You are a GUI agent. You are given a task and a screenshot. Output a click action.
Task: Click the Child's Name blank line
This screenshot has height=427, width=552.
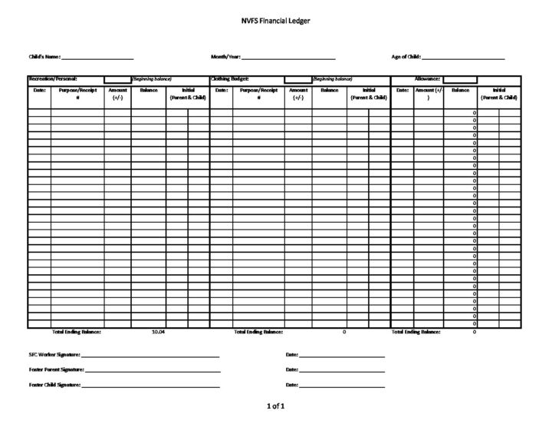[x=97, y=58]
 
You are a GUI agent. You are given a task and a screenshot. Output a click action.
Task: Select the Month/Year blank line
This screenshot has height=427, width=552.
[x=288, y=58]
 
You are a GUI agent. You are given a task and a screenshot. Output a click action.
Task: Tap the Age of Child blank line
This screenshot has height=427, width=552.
[x=463, y=58]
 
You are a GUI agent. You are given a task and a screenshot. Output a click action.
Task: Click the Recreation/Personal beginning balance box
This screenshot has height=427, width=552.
[x=117, y=79]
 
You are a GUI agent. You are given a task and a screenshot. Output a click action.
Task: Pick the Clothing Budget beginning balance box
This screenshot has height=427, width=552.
[x=297, y=79]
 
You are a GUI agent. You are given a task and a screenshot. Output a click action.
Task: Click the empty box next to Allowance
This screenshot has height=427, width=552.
[x=460, y=79]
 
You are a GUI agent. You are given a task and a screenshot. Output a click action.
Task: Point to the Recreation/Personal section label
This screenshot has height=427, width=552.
[x=53, y=79]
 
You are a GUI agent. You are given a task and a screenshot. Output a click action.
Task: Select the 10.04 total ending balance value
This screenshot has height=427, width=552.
[x=159, y=332]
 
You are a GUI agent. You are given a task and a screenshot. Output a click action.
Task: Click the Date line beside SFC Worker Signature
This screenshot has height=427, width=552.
[x=342, y=356]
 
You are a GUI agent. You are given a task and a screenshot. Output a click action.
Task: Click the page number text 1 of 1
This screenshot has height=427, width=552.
[x=275, y=405]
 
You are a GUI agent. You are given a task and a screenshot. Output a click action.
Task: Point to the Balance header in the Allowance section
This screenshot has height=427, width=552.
[x=461, y=91]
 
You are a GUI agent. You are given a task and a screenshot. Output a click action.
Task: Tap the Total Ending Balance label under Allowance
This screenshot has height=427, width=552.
[x=416, y=332]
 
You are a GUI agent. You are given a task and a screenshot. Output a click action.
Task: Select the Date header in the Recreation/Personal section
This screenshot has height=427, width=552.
[x=40, y=91]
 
